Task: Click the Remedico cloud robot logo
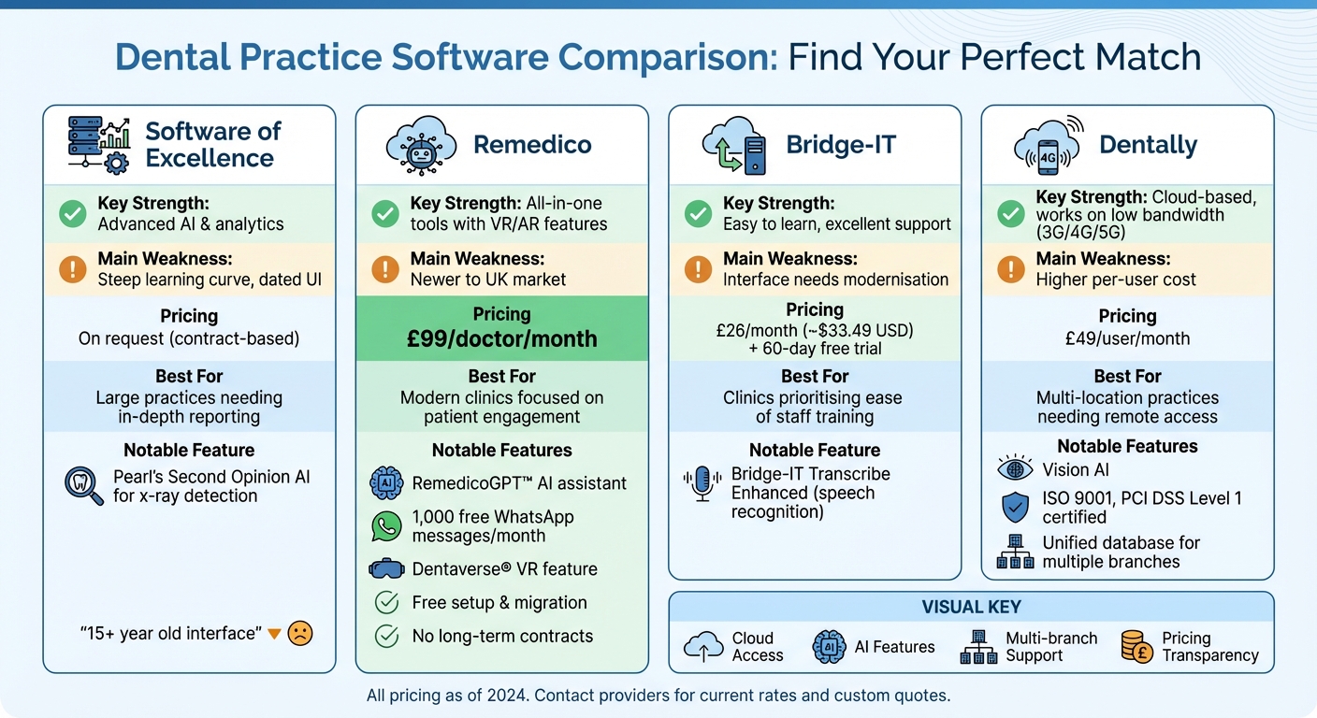tap(420, 145)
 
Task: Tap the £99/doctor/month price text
tap(501, 338)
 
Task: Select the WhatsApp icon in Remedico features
tap(386, 526)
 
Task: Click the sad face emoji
tap(299, 633)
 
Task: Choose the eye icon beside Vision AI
tap(1015, 469)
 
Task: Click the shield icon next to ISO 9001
tap(1015, 508)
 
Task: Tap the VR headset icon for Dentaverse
tap(386, 568)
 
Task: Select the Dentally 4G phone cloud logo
tap(1048, 146)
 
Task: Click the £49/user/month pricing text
tap(1127, 338)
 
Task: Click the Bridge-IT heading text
tap(841, 145)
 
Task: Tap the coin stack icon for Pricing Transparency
tap(1136, 647)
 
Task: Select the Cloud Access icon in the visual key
tap(703, 647)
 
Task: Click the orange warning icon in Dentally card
tap(1011, 269)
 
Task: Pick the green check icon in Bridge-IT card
tap(698, 214)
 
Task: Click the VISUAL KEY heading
tap(971, 607)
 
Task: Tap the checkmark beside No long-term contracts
tap(386, 637)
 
